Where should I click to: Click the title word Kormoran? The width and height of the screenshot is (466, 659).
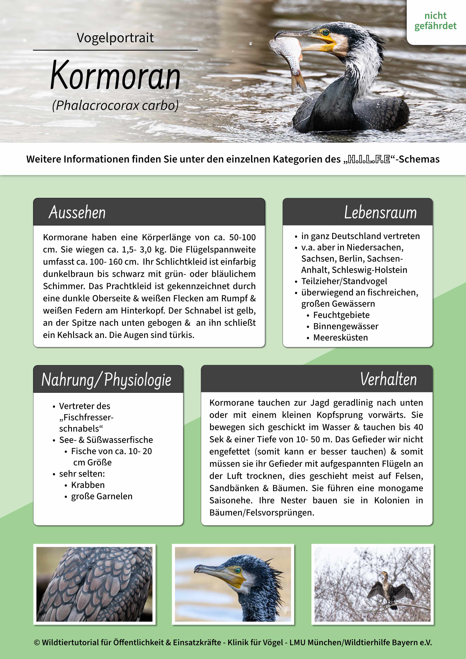[115, 75]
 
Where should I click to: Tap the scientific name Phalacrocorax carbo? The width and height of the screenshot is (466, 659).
[115, 106]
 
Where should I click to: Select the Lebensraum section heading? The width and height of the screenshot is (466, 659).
[380, 213]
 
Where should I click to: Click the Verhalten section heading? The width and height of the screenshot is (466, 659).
[388, 379]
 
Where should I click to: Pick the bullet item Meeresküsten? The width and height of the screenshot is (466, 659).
[340, 338]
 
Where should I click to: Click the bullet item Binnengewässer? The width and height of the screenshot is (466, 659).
[345, 326]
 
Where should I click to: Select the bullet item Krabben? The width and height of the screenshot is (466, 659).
[88, 485]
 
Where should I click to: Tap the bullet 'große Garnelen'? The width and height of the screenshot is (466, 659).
[102, 496]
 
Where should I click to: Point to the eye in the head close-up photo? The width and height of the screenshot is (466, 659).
[238, 570]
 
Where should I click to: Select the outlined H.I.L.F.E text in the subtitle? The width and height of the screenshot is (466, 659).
[369, 159]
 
